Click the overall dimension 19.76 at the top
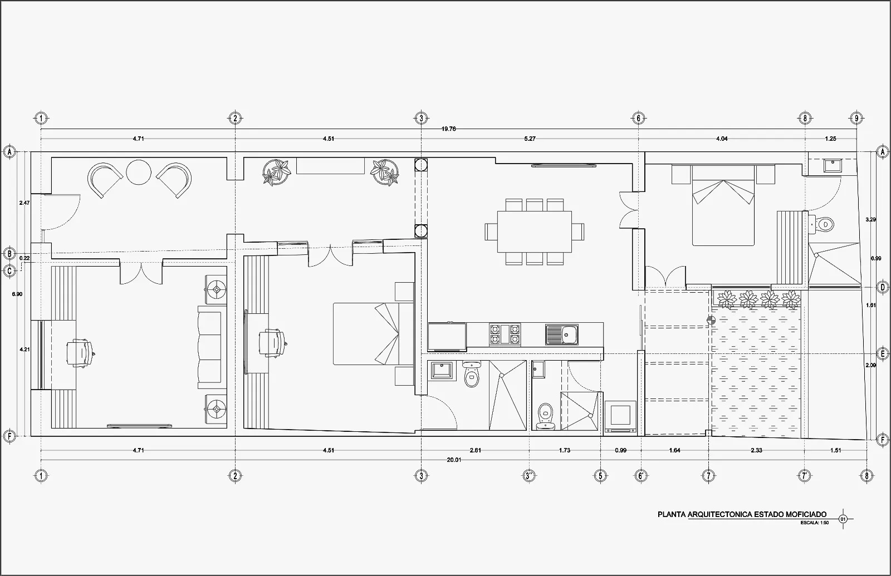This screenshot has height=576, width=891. (x=448, y=129)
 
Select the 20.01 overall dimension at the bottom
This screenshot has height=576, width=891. (x=454, y=460)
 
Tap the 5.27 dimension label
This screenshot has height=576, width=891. (x=530, y=139)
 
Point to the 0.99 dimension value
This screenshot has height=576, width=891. (x=620, y=450)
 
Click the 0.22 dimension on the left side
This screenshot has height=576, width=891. (x=25, y=258)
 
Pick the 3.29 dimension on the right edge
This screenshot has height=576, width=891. (x=871, y=219)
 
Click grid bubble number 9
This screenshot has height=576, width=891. (x=856, y=118)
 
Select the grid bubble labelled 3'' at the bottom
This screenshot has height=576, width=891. (x=529, y=475)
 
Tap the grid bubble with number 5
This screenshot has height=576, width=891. (x=600, y=475)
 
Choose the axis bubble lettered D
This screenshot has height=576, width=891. (x=883, y=287)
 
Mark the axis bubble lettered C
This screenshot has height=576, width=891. (x=9, y=272)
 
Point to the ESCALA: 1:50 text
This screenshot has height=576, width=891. (x=815, y=523)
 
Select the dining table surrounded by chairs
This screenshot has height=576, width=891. (x=534, y=232)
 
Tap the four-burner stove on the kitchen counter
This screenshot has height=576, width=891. (x=505, y=334)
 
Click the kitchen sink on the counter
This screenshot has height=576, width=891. (x=562, y=334)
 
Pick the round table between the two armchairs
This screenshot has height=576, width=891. (x=139, y=172)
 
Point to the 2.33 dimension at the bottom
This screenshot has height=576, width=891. (x=756, y=450)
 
